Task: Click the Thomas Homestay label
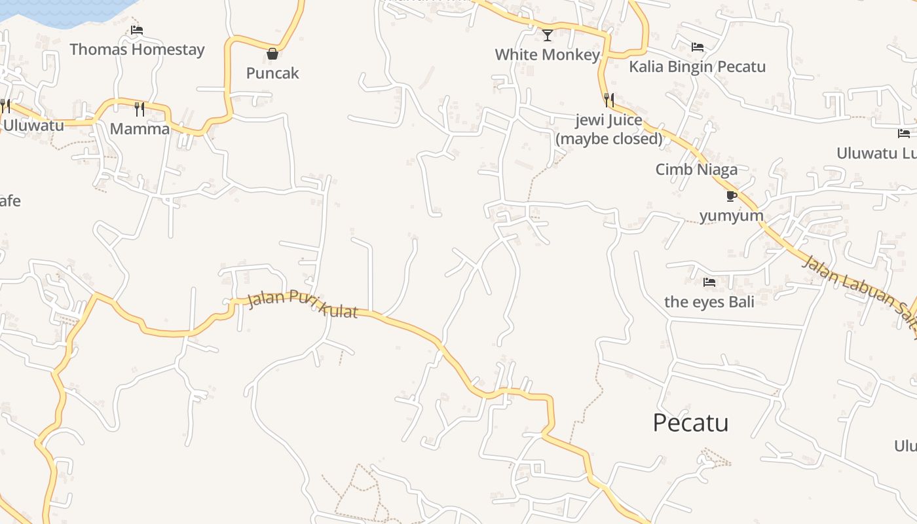[x=137, y=49]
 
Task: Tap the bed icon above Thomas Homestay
[x=136, y=30]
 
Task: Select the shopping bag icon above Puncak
[x=272, y=54]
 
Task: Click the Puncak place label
[x=272, y=73]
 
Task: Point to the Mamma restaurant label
[x=140, y=128]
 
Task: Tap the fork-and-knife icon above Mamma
[x=139, y=109]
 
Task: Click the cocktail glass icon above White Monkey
[x=548, y=35]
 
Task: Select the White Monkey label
[x=548, y=54]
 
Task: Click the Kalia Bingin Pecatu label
[x=697, y=66]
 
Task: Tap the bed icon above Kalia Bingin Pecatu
[x=697, y=47]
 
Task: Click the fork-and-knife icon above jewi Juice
[x=609, y=100]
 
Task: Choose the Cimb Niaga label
[x=696, y=169]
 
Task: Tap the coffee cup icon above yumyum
[x=732, y=196]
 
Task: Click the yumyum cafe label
[x=732, y=215]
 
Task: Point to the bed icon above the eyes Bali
[x=709, y=282]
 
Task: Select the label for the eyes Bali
[x=709, y=301]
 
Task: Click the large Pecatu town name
[x=690, y=422]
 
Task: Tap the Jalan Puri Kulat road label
[x=304, y=304]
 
